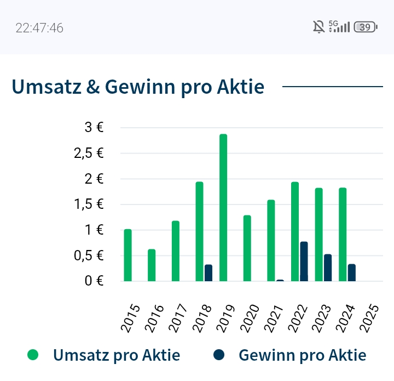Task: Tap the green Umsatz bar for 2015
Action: [128, 255]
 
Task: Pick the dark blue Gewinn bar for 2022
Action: [304, 261]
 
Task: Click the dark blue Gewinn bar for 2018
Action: [208, 273]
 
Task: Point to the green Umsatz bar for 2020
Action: [247, 248]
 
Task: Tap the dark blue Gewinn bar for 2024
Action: [352, 272]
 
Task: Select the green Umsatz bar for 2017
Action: [176, 251]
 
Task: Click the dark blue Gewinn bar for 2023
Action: [328, 268]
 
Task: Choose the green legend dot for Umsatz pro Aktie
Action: [33, 355]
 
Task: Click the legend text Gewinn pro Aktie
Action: [303, 355]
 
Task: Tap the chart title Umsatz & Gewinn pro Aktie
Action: [138, 87]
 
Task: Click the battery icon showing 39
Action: [366, 27]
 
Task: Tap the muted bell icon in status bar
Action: [318, 27]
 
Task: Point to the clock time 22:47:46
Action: [39, 28]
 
